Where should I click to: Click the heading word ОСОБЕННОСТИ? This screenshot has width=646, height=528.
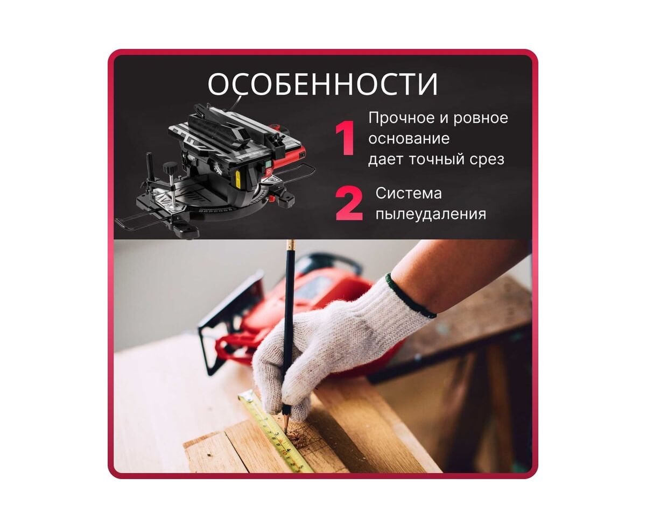click(x=322, y=83)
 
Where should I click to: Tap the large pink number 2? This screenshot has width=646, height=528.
click(x=349, y=204)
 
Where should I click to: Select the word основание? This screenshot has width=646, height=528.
click(x=409, y=139)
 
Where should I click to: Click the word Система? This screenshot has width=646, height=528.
click(x=409, y=194)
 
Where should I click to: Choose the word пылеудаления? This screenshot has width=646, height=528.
click(x=431, y=214)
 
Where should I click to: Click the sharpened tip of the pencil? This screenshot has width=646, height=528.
click(x=286, y=433)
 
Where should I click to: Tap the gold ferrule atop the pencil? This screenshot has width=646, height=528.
click(x=291, y=245)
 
